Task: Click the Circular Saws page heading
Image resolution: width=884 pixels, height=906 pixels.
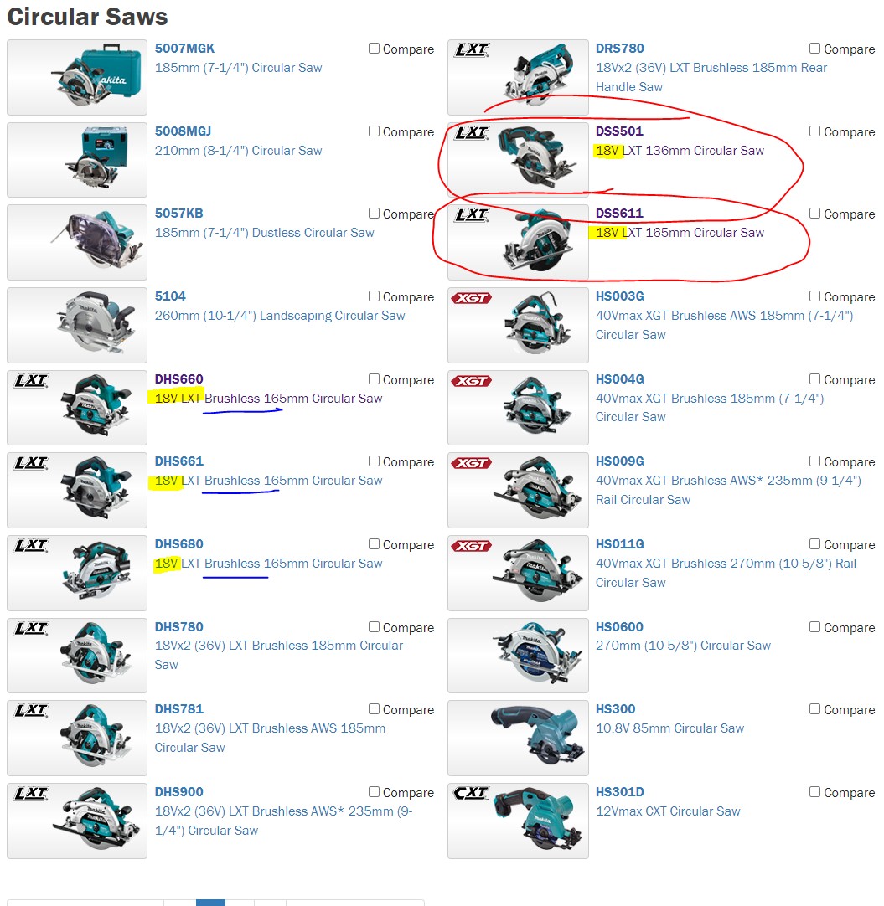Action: [87, 17]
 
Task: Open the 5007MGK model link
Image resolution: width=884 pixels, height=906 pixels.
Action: [184, 49]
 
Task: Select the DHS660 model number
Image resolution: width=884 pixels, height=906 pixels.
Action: [178, 379]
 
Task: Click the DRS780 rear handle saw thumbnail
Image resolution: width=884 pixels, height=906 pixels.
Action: [518, 77]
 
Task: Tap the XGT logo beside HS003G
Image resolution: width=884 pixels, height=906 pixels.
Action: [471, 298]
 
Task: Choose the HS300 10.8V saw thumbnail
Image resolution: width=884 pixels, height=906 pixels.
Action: [518, 738]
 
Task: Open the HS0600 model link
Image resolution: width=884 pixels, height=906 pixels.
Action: [619, 627]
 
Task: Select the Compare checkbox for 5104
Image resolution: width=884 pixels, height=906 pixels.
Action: [375, 296]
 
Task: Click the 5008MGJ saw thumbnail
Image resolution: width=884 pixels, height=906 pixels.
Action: [77, 160]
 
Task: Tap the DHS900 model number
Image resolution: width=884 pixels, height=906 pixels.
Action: [178, 792]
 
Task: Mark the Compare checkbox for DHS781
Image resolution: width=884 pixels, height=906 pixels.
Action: [375, 709]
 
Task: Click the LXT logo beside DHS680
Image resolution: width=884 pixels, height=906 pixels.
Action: [30, 546]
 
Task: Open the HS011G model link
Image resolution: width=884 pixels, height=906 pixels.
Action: [619, 544]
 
